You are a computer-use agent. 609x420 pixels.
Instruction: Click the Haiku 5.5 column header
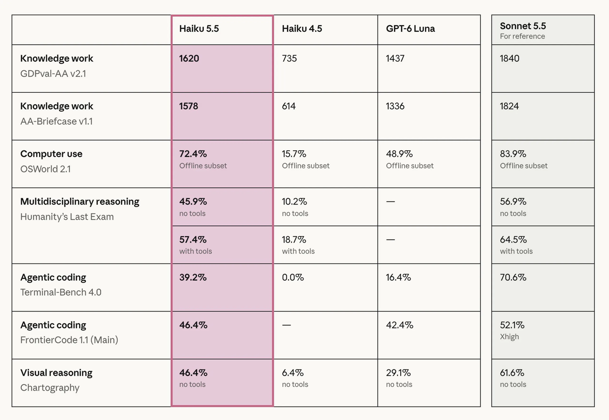pos(199,29)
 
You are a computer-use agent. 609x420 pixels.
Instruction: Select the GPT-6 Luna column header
pos(410,29)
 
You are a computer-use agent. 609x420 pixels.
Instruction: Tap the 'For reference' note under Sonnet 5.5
pos(522,36)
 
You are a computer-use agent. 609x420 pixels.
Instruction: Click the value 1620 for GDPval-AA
pos(189,59)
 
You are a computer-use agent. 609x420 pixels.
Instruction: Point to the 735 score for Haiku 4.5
pos(289,59)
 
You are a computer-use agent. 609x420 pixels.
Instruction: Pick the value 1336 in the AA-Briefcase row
pos(395,106)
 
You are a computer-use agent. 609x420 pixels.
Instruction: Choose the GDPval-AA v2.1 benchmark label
pos(53,74)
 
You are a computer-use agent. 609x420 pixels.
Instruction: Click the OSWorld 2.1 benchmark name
pos(45,169)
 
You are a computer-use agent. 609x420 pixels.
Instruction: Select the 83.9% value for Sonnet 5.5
pos(513,154)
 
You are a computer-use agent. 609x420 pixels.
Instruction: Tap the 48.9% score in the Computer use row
pos(399,154)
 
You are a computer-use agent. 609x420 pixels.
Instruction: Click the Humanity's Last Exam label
pos(67,217)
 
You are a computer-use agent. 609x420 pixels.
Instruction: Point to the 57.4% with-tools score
pos(193,239)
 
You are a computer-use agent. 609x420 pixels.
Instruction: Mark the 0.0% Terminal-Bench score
pos(293,277)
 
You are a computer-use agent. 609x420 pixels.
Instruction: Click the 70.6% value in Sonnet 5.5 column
pos(513,277)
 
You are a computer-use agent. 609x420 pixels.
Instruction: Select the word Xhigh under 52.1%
pos(510,337)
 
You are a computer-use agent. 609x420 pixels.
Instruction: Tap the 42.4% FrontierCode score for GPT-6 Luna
pos(399,325)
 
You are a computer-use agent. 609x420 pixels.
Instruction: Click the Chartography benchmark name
pos(50,388)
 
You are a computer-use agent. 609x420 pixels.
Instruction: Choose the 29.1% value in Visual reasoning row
pos(398,373)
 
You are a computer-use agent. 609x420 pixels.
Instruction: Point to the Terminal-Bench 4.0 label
pos(61,292)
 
